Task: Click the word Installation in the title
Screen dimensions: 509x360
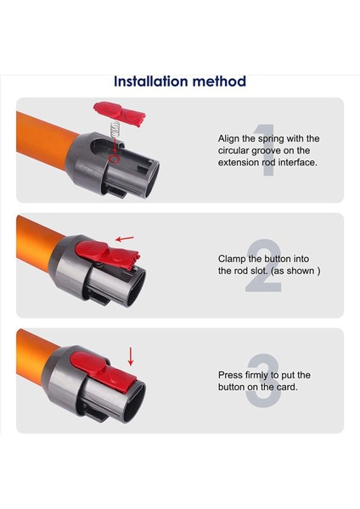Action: click(150, 81)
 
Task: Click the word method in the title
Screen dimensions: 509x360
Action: click(219, 81)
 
